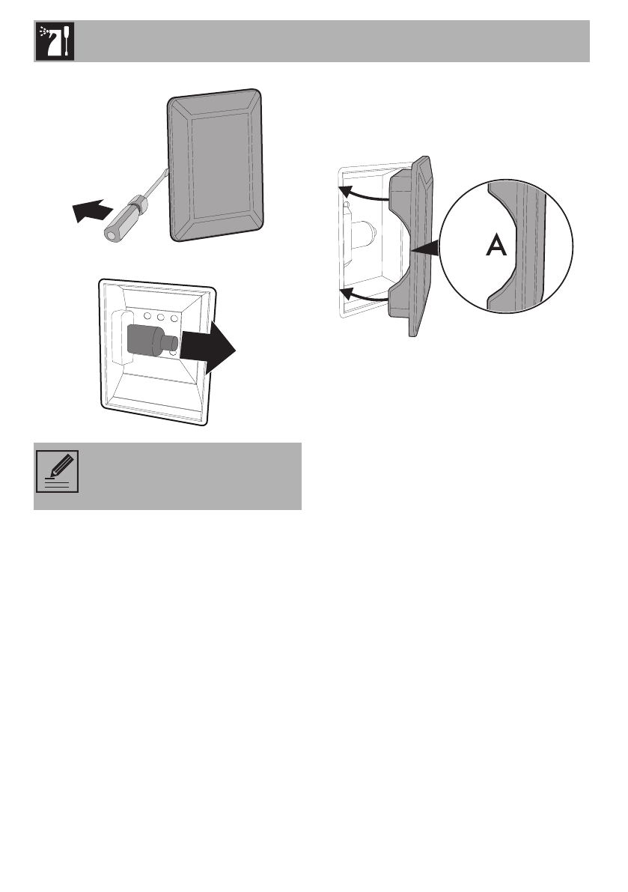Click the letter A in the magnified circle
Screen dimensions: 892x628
(496, 246)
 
